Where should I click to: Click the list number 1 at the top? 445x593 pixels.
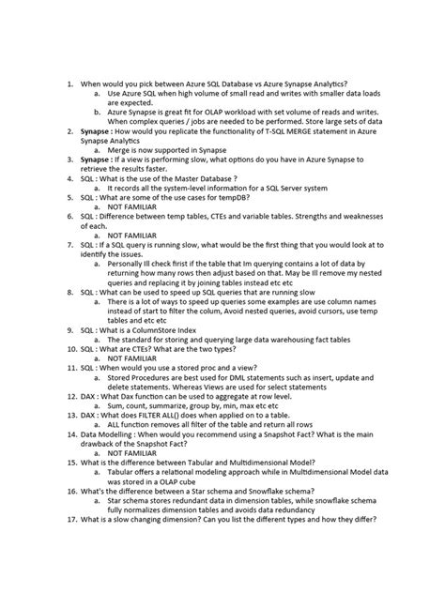point(69,84)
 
